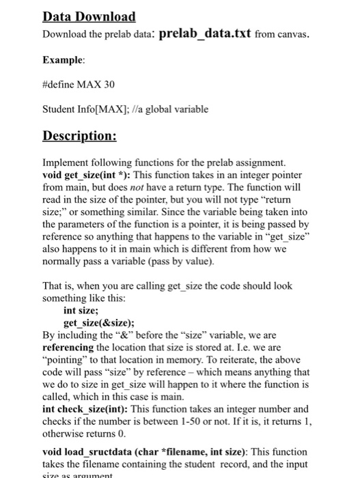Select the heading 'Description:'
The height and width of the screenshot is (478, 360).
click(x=79, y=135)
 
